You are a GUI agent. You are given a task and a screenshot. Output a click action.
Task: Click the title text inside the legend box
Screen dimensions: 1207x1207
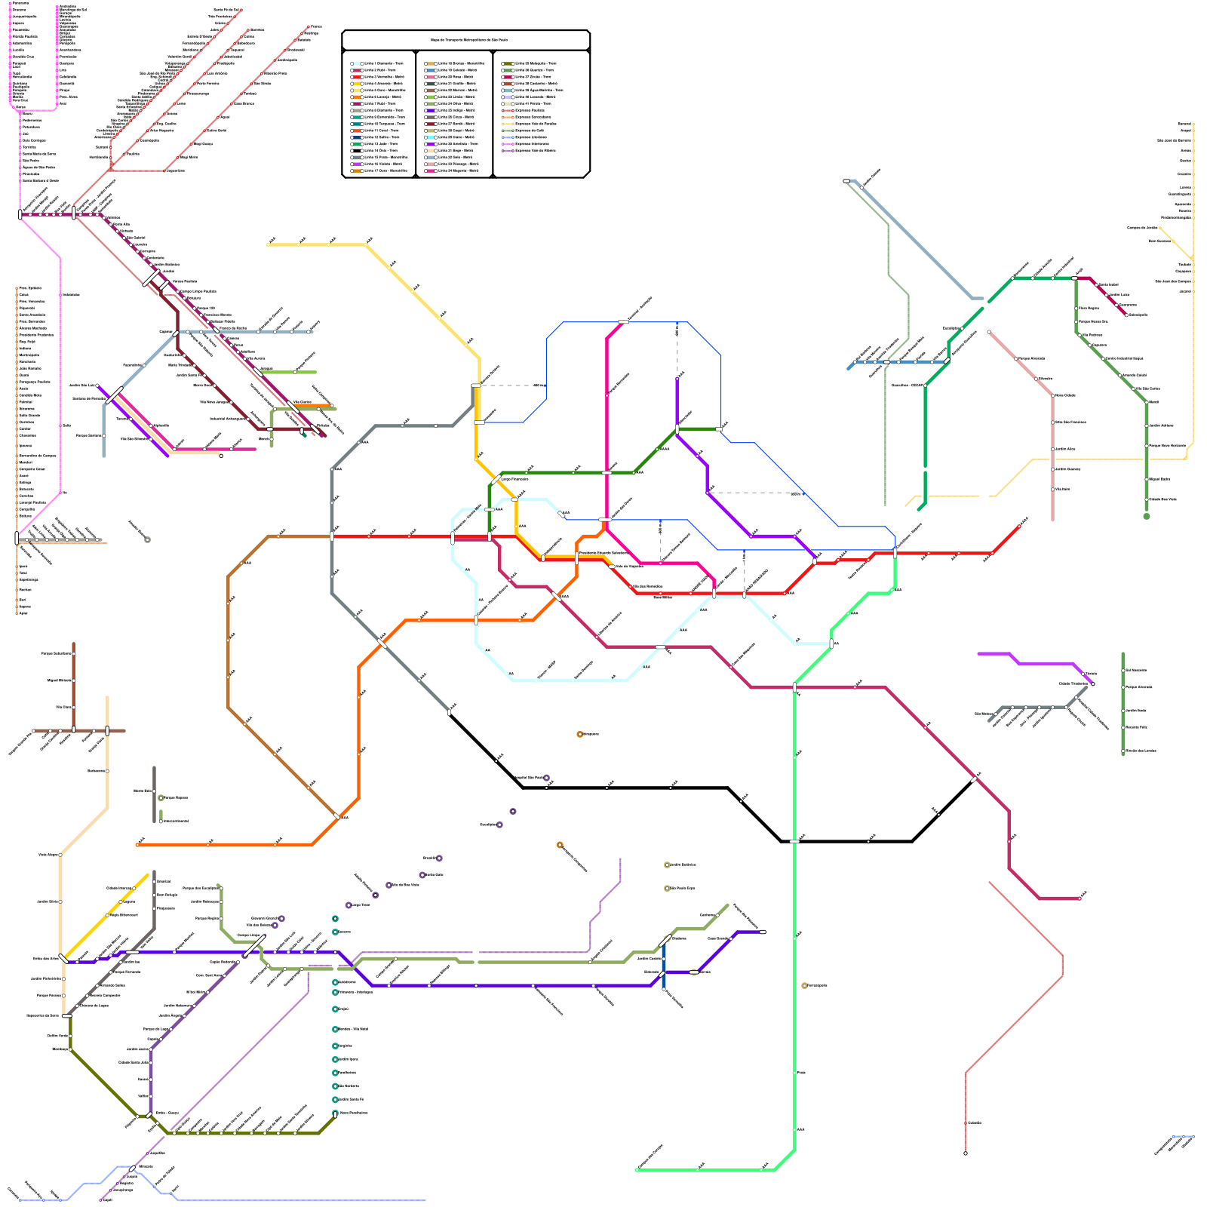(468, 40)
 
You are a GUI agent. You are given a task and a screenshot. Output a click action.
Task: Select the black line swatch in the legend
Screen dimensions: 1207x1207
(357, 150)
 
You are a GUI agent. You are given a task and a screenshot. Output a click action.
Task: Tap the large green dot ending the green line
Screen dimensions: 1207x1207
(1147, 516)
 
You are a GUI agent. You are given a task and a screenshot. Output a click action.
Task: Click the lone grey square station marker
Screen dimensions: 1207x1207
(147, 539)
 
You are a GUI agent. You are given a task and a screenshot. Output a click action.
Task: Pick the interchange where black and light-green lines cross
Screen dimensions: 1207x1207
(794, 840)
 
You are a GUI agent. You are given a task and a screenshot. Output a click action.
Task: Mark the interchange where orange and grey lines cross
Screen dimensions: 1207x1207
(382, 643)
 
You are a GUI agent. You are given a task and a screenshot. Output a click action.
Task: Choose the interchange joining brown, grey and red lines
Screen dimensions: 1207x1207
(332, 536)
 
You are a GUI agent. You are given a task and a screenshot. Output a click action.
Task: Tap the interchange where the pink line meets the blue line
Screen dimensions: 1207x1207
(623, 322)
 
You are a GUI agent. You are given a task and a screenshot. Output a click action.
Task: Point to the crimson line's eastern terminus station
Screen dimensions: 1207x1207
(1080, 898)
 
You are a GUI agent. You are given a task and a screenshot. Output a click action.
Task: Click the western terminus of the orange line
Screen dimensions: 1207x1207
(137, 844)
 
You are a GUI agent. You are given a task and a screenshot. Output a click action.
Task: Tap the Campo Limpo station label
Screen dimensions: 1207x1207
(248, 935)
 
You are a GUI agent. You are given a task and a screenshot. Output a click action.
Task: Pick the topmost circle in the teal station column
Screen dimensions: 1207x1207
(335, 919)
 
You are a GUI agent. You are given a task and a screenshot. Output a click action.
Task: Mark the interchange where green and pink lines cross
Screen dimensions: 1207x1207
(607, 473)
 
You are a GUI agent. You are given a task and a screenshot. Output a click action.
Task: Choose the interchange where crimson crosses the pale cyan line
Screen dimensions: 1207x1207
(661, 646)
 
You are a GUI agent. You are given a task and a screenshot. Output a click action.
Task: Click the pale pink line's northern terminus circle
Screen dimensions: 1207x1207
(989, 332)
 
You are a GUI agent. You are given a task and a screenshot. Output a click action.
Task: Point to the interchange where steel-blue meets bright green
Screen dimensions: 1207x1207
(947, 361)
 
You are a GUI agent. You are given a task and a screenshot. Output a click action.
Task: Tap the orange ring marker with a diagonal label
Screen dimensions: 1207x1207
(560, 845)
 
